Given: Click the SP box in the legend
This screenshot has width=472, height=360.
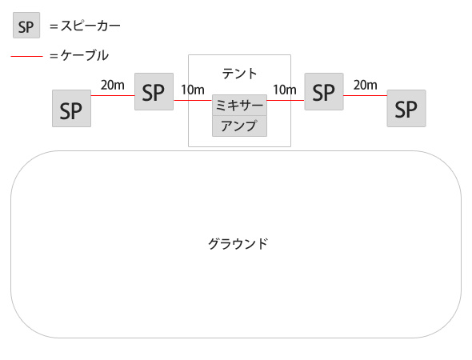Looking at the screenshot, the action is pos(26,26).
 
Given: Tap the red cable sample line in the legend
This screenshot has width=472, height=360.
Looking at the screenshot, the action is pos(26,56).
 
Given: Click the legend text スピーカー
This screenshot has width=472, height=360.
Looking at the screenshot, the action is pos(90,26).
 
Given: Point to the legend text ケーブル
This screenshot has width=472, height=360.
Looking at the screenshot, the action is pos(85,55).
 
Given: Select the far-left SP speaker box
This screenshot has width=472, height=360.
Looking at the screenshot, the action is pos(72,108).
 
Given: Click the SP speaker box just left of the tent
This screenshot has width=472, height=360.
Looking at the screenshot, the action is pos(154,91).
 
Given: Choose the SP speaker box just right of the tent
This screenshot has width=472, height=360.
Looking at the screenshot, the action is pos(324,91).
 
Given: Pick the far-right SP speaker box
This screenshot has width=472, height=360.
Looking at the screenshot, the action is pos(406,108).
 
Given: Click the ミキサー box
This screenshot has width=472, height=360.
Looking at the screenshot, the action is pos(240,105).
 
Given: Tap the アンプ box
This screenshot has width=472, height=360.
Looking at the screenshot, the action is pos(240,126).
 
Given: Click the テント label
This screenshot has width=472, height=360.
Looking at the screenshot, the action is pos(240,74).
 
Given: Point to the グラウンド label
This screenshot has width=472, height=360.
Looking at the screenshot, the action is pos(238,243).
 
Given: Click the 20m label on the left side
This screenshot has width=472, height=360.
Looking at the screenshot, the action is pos(113,85).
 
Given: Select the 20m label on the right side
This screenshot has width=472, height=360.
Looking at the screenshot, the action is pos(365,85).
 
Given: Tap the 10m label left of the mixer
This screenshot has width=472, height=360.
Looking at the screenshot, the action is pos(193,90).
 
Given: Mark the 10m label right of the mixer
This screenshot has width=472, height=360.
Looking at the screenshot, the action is pos(285,90).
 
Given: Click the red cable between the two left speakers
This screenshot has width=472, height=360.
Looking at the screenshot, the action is pos(113,96).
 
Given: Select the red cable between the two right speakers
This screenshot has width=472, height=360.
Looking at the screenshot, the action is pos(365,96).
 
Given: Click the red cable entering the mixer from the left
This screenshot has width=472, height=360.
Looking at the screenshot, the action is pos(193,100).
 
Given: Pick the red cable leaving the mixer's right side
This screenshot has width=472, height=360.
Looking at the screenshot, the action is pos(286,100).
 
